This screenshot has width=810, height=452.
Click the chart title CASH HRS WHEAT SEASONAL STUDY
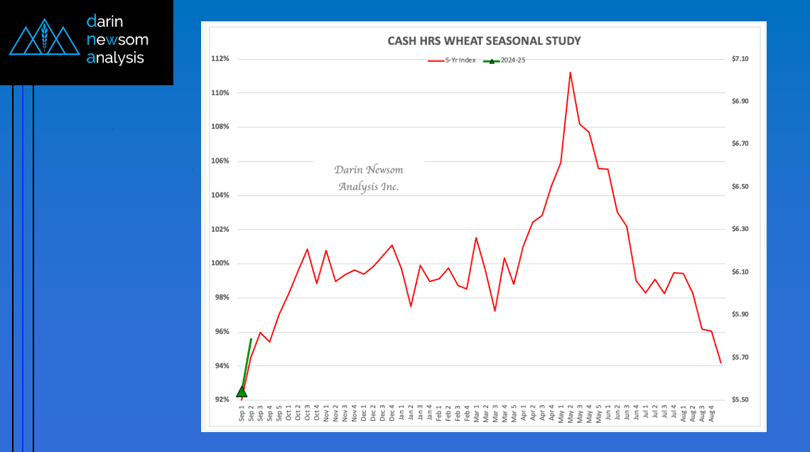[484, 41]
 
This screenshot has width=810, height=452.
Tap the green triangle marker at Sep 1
[242, 391]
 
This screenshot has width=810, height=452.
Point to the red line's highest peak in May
[570, 72]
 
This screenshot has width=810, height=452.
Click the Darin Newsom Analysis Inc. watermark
[368, 178]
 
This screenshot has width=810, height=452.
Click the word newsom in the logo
[117, 40]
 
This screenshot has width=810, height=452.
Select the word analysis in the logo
[115, 58]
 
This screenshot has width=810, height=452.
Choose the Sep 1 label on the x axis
[242, 414]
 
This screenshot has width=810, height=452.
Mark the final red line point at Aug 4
[720, 363]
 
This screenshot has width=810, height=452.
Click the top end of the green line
[251, 339]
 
